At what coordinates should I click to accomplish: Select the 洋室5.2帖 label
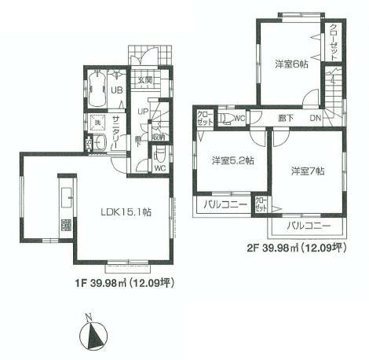pyautogui.click(x=232, y=161)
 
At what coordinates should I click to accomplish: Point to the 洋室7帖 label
pyautogui.click(x=306, y=170)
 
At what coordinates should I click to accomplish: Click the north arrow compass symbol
pyautogui.click(x=95, y=336)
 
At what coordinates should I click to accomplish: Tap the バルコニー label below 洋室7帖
pyautogui.click(x=308, y=226)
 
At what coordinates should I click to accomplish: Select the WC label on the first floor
pyautogui.click(x=159, y=167)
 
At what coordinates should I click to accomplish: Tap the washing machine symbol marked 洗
pyautogui.click(x=99, y=122)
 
